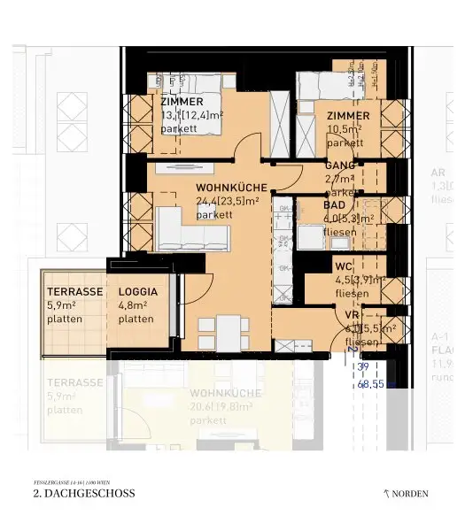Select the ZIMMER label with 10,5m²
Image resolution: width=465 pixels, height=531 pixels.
point(347,116)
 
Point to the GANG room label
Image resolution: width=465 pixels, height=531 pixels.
point(339,165)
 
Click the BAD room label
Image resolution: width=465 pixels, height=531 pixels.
point(334,204)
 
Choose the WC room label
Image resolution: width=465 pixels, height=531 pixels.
point(344,266)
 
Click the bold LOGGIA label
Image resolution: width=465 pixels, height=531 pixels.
point(137,291)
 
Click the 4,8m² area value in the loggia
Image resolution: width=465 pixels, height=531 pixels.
point(133,305)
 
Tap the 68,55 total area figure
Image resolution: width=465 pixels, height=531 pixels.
point(376,385)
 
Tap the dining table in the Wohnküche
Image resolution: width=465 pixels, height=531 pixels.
point(229,332)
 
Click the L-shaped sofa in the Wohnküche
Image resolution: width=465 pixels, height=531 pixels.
point(190,231)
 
